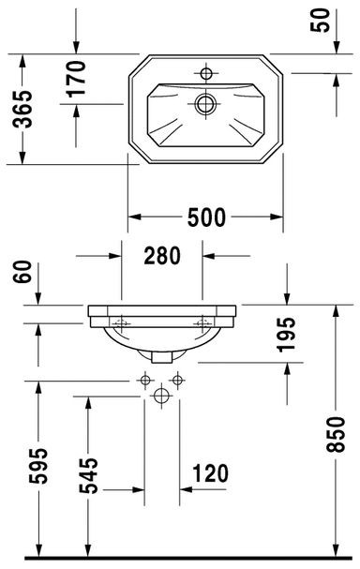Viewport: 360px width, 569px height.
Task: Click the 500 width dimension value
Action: (x=205, y=217)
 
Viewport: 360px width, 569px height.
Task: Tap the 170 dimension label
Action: (x=76, y=80)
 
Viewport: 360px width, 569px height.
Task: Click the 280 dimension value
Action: (x=163, y=254)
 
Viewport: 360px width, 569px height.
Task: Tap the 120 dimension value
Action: (x=211, y=473)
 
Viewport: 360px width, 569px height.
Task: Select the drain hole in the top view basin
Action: (x=205, y=104)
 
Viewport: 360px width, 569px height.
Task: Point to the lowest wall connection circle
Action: (x=160, y=397)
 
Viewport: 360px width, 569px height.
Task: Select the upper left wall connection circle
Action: (x=144, y=381)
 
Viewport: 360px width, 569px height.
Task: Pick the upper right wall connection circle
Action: (x=176, y=381)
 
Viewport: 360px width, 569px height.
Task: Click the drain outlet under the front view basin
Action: (x=160, y=356)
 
